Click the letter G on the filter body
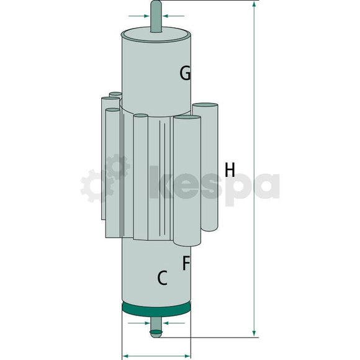coord(184,74)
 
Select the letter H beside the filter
coord(230,169)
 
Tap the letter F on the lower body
coord(186,263)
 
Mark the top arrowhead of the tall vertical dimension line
coord(254,6)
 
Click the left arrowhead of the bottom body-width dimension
coord(125,356)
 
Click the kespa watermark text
coord(214,185)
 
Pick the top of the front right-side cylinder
coord(187,118)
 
